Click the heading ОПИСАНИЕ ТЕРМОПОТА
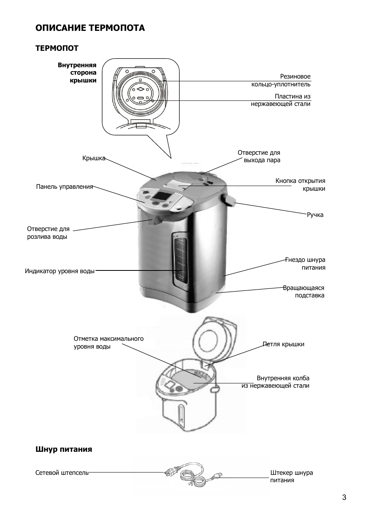click(x=90, y=28)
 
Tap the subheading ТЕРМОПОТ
click(x=57, y=48)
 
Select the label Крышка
click(x=93, y=158)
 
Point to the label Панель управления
click(x=65, y=187)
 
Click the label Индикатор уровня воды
click(x=59, y=271)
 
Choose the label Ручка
click(x=315, y=215)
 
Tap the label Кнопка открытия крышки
click(x=300, y=185)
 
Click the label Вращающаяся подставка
click(x=304, y=292)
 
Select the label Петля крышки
click(x=283, y=344)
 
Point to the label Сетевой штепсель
click(x=62, y=473)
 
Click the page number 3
click(x=344, y=498)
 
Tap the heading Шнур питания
click(x=64, y=449)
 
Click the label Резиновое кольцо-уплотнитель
click(x=281, y=81)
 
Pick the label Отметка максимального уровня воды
click(x=108, y=343)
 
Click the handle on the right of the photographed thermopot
click(x=230, y=200)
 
